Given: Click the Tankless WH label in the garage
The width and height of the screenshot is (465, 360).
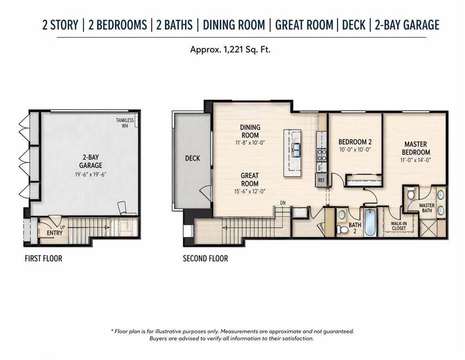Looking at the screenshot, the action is tap(125, 123).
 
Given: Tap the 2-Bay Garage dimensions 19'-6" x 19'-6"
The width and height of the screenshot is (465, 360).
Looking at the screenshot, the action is tap(91, 174).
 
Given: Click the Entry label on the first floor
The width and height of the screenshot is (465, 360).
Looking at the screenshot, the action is tap(54, 233).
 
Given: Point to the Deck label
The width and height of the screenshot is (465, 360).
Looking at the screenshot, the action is tap(193, 158).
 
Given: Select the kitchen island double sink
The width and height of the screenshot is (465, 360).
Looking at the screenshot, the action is tap(296, 150).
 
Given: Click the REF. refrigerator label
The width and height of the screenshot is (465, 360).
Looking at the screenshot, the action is tap(321, 180).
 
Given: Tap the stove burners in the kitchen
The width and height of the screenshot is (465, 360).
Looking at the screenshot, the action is tap(322, 155).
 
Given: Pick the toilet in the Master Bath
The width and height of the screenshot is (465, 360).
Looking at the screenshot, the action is tap(411, 193).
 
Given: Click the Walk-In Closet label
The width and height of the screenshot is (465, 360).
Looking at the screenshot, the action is tap(399, 226).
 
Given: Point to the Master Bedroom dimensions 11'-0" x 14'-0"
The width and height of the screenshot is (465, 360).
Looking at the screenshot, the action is tap(416, 160).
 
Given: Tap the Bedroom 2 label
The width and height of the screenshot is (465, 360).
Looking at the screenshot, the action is tap(355, 142).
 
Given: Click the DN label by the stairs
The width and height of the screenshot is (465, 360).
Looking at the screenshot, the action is tap(283, 203).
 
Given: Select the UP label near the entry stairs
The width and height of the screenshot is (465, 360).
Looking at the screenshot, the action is tap(63, 227).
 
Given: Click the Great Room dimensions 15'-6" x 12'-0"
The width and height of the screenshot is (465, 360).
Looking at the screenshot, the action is tap(250, 192).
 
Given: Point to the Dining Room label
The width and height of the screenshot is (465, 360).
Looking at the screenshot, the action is tap(250, 131).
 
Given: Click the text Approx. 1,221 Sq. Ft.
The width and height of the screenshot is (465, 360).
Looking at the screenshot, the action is tap(230, 49).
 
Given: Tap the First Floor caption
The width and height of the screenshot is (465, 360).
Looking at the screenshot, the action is tap(43, 258).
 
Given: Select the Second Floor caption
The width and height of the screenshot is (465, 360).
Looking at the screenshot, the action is tap(205, 258).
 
